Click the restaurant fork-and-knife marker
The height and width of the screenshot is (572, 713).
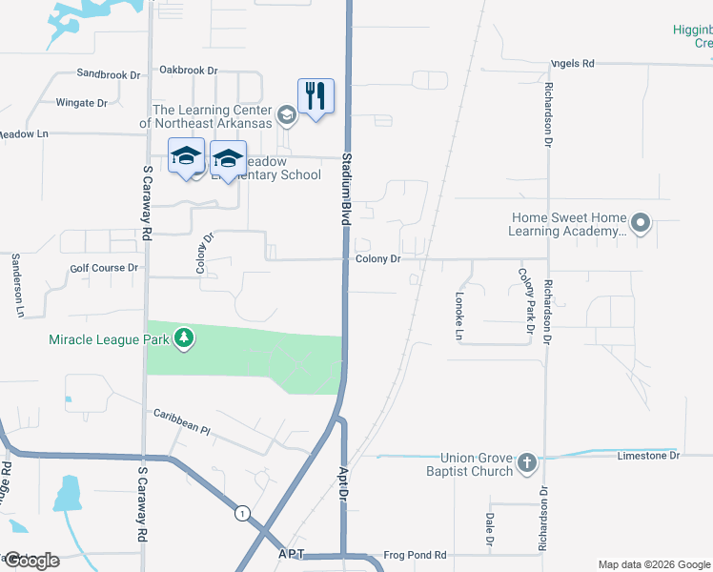(x=316, y=96)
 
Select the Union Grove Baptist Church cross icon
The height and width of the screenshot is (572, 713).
(x=527, y=464)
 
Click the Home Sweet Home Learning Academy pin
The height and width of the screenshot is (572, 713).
(x=640, y=225)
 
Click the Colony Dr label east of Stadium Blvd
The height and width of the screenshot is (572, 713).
(x=377, y=258)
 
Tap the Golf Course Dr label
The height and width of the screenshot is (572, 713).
(x=104, y=269)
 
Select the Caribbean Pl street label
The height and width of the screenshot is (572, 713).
(x=181, y=421)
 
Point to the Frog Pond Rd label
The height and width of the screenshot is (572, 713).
(x=415, y=555)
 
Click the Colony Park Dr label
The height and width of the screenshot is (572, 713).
(x=524, y=301)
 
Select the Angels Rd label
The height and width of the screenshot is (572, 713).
(x=572, y=64)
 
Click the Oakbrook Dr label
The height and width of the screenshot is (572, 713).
(x=189, y=71)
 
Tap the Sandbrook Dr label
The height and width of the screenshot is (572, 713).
(x=108, y=73)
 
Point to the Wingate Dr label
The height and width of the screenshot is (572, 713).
(x=81, y=103)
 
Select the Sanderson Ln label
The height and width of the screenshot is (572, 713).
(x=17, y=285)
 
